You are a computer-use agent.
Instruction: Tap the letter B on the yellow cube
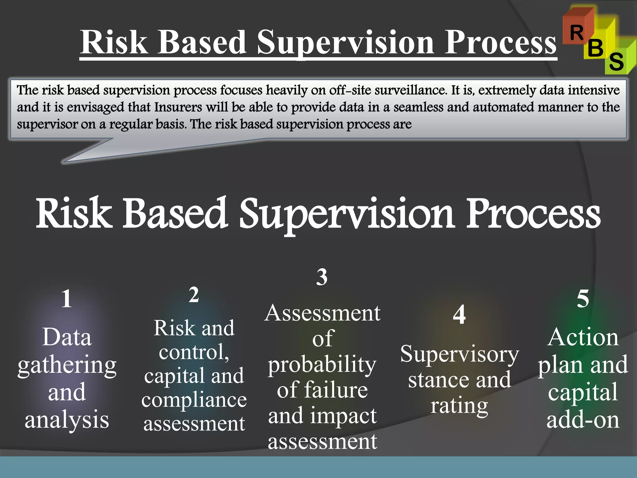(x=595, y=49)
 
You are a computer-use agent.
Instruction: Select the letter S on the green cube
(x=616, y=61)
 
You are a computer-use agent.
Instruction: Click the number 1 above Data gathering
(x=66, y=299)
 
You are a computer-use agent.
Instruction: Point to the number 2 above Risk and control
(x=194, y=295)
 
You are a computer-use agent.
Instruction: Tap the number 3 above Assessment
(x=322, y=277)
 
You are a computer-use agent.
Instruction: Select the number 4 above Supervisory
(x=459, y=315)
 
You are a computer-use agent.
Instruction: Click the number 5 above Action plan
(x=583, y=298)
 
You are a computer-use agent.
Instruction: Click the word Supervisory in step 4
(x=459, y=354)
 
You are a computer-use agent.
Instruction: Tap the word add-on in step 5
(x=583, y=420)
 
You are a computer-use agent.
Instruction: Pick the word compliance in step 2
(x=194, y=400)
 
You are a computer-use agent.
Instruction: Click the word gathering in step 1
(x=67, y=366)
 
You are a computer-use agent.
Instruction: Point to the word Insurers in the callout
(x=178, y=107)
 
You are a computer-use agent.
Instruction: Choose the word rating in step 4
(x=459, y=406)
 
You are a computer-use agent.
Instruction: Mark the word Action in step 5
(x=583, y=337)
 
